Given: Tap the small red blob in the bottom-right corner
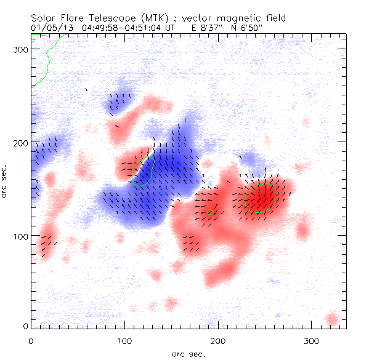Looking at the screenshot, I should [331, 319].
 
